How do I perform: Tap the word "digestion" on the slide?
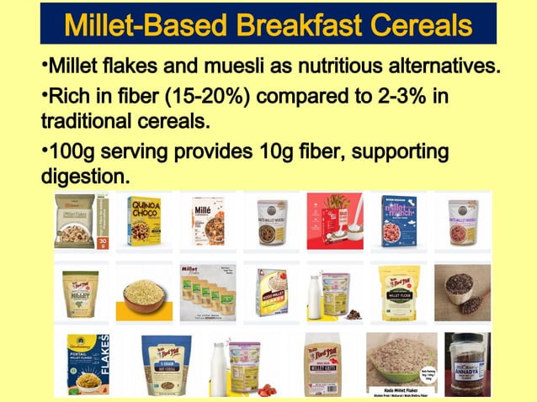[x=83, y=177]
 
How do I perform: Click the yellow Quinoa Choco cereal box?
[x=144, y=221]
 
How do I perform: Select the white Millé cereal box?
[x=207, y=221]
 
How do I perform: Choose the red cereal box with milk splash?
[x=334, y=221]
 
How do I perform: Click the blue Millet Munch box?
[x=398, y=221]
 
